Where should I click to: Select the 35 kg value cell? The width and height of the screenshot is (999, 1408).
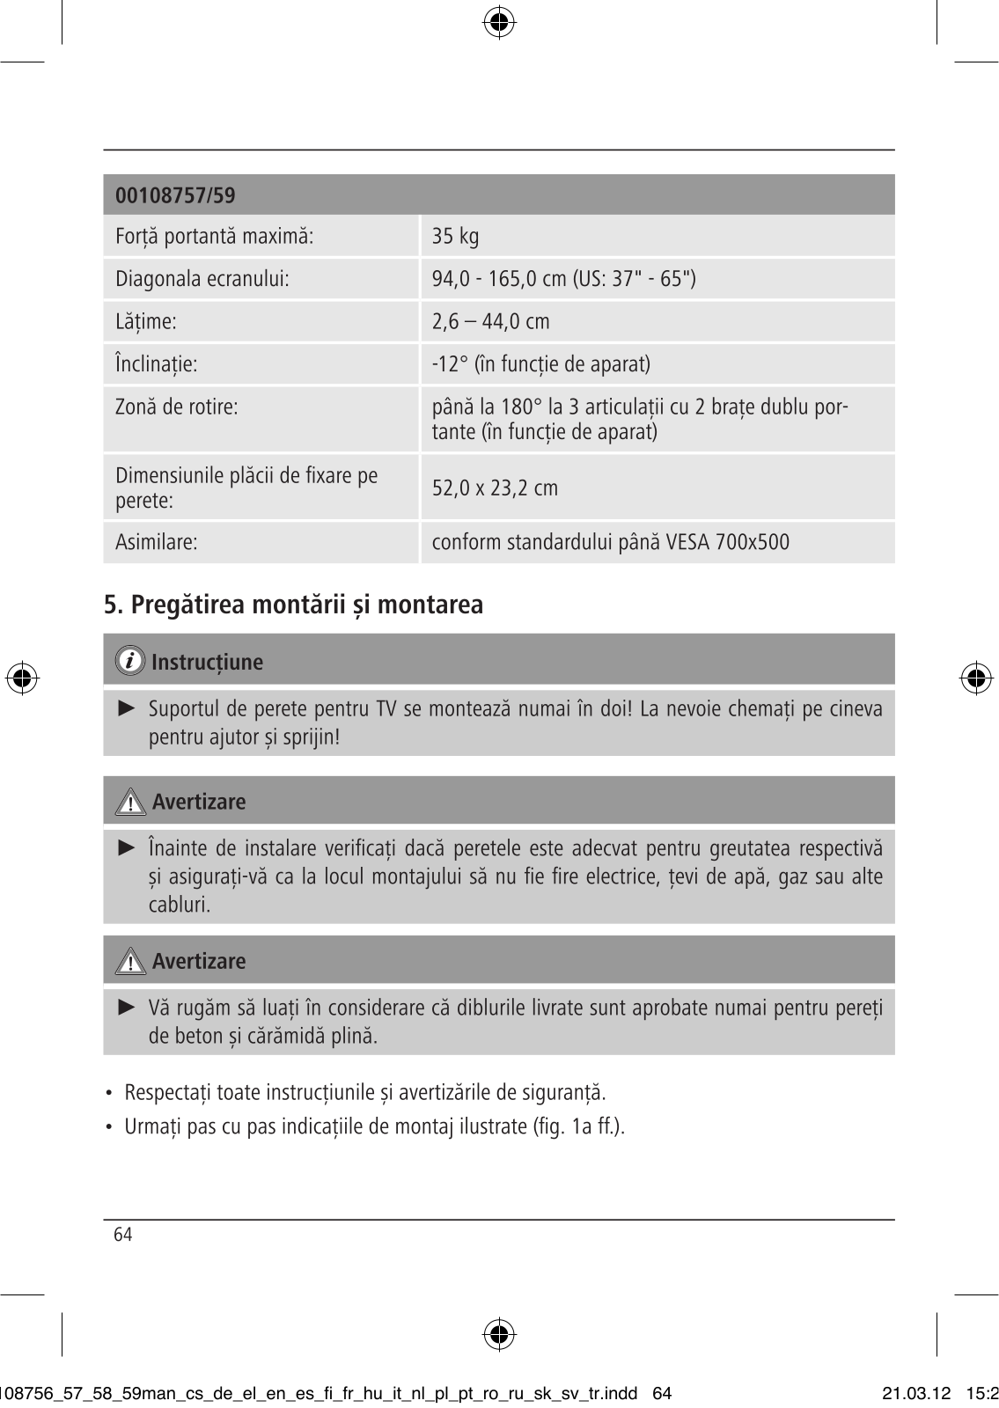point(455,236)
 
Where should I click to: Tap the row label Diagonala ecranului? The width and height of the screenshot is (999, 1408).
point(202,279)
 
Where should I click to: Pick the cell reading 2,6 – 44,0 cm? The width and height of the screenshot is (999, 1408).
point(490,321)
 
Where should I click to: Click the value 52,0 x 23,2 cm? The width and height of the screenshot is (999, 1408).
point(495,488)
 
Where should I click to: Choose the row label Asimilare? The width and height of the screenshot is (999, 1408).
point(157,542)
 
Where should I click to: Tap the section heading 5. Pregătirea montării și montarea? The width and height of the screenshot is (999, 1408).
point(294,605)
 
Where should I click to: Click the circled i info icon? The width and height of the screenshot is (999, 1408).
point(131,661)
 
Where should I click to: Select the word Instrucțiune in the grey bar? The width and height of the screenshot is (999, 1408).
point(207,662)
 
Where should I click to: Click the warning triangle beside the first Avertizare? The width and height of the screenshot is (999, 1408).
point(131,803)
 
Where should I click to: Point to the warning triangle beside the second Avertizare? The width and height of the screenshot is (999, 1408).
point(131,962)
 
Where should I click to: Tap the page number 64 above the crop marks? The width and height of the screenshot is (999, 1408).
point(123,1235)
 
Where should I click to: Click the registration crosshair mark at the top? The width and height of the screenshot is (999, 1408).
point(499,23)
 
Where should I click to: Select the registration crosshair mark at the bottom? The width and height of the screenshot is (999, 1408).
point(499,1335)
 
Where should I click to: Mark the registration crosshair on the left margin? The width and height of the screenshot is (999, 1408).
point(22,678)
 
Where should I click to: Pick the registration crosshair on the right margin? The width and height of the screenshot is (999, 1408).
point(975,678)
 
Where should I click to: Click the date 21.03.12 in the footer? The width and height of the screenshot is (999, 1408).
point(915,1393)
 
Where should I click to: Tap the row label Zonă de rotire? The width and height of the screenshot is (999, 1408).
point(177,407)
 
